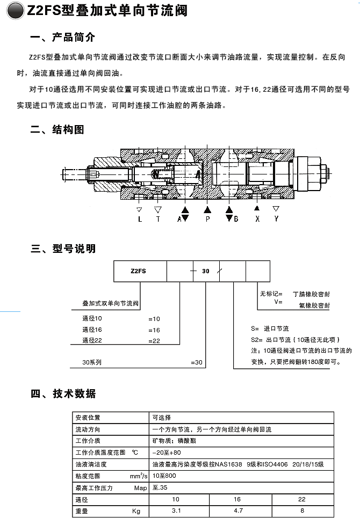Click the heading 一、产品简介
(x=63, y=38)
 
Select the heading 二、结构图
(x=57, y=129)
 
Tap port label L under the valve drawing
(x=140, y=219)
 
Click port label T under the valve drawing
(x=158, y=219)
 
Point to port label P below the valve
(x=207, y=219)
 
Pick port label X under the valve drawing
(x=257, y=219)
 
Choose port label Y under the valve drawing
(x=276, y=219)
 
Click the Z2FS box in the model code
(x=139, y=271)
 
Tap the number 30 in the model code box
(x=206, y=271)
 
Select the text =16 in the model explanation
(x=154, y=330)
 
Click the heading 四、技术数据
(x=63, y=393)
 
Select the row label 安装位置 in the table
(x=88, y=417)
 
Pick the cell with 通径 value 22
(x=302, y=499)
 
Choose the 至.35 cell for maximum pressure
(x=161, y=487)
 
